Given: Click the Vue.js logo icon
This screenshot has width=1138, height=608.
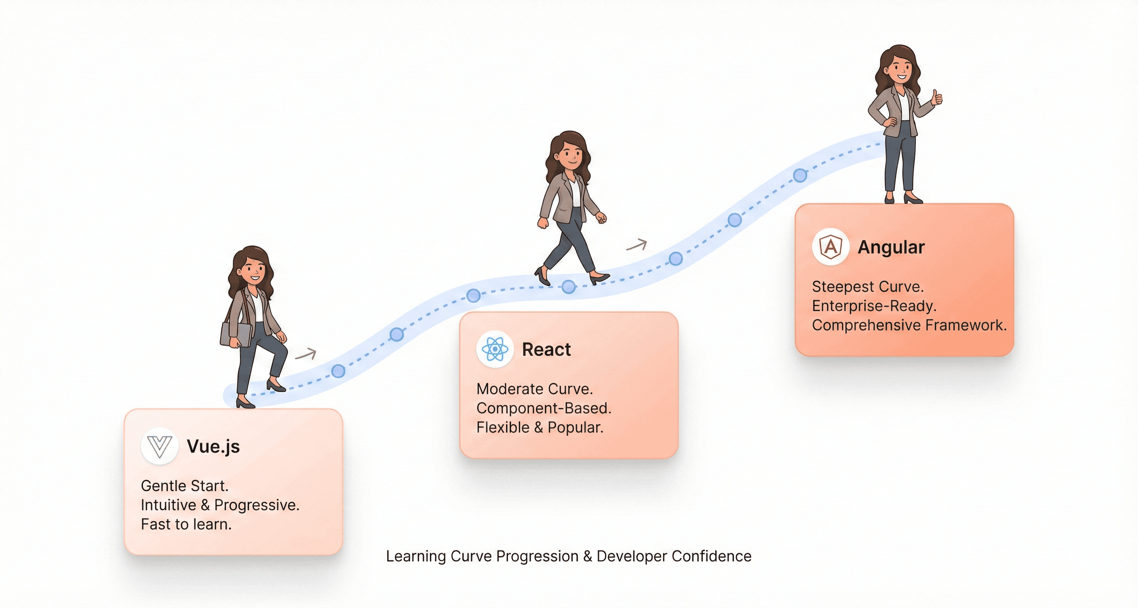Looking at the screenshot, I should (159, 446).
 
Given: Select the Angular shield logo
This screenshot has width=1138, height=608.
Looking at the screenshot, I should (830, 247).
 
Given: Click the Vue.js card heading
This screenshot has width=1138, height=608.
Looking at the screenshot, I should (213, 446).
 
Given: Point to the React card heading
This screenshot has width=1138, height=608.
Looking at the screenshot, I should (546, 350).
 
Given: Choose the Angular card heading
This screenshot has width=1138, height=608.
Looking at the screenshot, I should (891, 247).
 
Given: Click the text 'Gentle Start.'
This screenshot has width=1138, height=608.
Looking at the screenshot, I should (185, 486).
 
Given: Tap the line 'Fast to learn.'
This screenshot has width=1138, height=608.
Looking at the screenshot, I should (186, 524).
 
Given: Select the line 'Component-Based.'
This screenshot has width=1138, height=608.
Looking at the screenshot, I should (544, 408).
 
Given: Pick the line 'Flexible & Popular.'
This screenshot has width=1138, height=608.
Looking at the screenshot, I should (539, 427).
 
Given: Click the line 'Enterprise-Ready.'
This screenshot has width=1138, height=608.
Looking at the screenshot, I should (874, 306).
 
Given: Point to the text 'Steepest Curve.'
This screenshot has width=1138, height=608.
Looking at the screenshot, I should (868, 286).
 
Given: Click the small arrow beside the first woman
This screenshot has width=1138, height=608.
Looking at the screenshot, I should (306, 354).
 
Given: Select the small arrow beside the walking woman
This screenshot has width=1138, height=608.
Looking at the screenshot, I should (636, 245).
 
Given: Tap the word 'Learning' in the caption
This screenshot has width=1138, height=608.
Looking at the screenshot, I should (416, 556).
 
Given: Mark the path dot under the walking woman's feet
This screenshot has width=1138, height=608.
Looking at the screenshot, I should (569, 287).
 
